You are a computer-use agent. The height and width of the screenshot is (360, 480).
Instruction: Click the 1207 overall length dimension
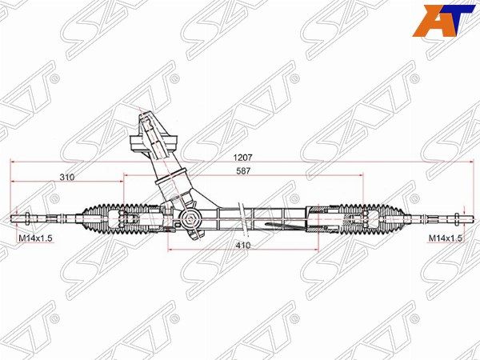(x=242, y=158)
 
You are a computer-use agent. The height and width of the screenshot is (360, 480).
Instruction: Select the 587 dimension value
(x=243, y=171)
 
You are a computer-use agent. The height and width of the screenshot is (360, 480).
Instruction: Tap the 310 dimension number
(x=66, y=178)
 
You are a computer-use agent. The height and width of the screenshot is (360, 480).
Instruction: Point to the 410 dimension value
(x=243, y=246)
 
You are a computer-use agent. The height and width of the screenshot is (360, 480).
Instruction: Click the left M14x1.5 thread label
(x=34, y=238)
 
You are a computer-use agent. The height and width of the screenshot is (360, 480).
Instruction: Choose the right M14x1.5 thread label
(x=445, y=238)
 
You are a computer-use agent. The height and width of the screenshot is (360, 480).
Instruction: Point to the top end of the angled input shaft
(x=146, y=114)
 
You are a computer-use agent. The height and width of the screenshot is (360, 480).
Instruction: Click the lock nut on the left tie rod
(x=26, y=219)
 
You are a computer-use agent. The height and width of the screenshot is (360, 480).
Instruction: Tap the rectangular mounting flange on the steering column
(x=154, y=143)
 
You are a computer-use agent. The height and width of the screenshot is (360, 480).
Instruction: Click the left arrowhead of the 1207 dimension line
(x=13, y=162)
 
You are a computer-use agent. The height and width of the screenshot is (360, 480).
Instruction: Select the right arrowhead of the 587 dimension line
(x=361, y=175)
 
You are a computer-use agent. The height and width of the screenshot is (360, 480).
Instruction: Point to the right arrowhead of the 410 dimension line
(x=316, y=250)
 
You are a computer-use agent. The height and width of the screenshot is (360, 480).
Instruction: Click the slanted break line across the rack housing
(x=243, y=219)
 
